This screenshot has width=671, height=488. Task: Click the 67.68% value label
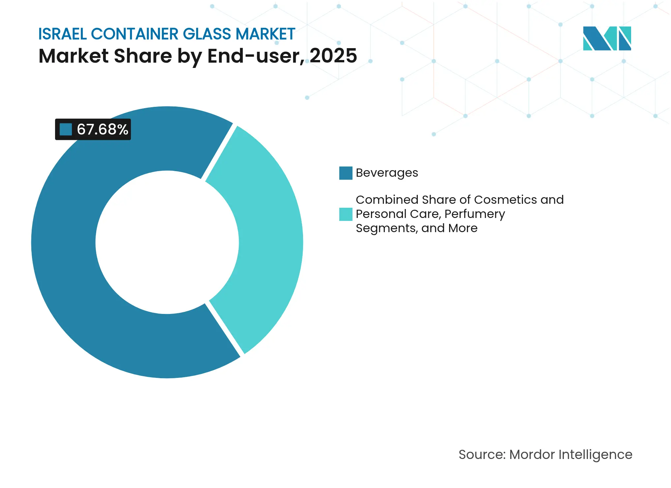click(102, 129)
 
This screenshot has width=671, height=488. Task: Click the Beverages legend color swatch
click(346, 173)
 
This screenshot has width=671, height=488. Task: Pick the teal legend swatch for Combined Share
click(346, 214)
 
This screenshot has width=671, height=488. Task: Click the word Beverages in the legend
click(387, 173)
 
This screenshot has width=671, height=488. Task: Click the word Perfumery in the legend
click(474, 214)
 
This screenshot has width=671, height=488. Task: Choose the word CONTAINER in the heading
click(135, 34)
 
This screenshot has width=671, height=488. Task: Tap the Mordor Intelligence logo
click(607, 38)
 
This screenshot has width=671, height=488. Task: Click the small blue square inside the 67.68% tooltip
click(66, 129)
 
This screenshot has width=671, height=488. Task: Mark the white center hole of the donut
click(167, 242)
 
